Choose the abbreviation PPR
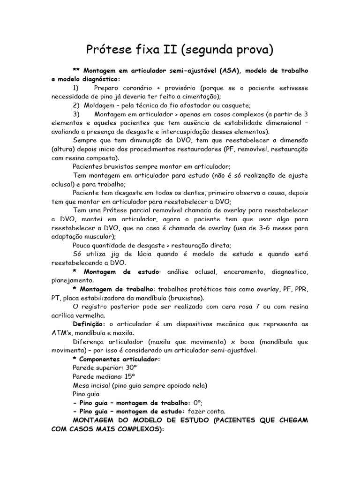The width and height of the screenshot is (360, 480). [300, 289]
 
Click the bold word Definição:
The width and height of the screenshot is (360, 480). [89, 324]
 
